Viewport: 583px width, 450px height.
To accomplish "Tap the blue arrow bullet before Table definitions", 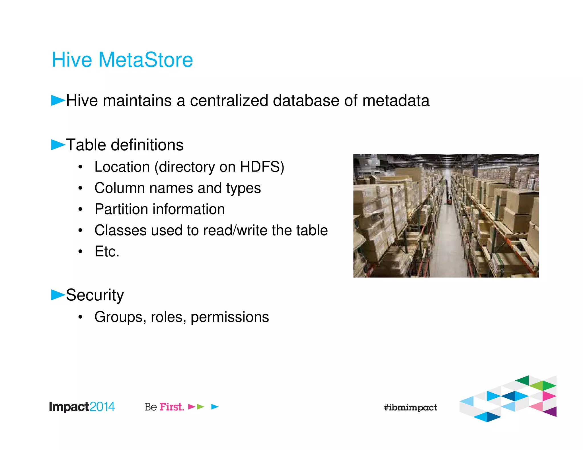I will (58, 145).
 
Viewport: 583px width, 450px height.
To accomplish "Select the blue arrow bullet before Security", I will (58, 295).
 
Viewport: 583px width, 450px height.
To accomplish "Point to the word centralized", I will (229, 101).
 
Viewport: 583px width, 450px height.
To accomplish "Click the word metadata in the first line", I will (396, 101).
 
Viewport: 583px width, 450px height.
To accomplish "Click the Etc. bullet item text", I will (107, 251).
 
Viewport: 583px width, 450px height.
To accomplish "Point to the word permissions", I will (229, 317).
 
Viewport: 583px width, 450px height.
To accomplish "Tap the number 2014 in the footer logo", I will (102, 407).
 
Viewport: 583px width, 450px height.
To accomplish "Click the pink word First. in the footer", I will (172, 407).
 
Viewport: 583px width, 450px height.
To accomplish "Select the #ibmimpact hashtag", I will (410, 408).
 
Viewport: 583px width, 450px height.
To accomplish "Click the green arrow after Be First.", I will (201, 407).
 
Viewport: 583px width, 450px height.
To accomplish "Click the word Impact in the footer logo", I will (69, 407).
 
